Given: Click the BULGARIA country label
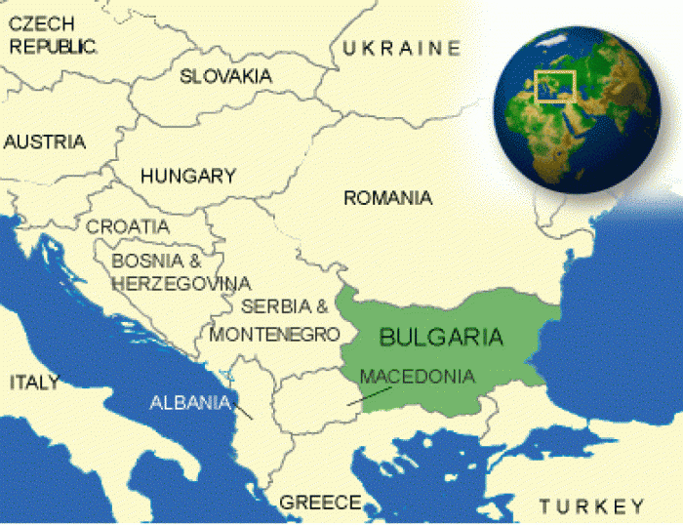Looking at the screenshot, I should click(x=441, y=338).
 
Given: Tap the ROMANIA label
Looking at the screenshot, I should click(x=387, y=198).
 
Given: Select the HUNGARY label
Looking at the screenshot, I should click(x=188, y=177).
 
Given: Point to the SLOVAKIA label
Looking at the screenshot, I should click(x=226, y=76).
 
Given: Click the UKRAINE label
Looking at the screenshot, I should click(x=400, y=48).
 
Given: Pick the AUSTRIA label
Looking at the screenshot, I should click(x=45, y=142).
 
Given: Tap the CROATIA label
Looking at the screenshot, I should click(x=128, y=226).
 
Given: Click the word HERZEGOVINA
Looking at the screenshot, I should click(x=181, y=283).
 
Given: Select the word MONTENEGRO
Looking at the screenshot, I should click(x=275, y=334).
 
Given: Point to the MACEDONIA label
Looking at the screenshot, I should click(x=418, y=376).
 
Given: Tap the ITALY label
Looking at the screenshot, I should click(x=35, y=382).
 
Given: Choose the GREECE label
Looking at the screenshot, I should click(x=320, y=503).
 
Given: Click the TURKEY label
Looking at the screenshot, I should click(x=592, y=505).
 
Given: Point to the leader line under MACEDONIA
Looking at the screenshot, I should click(x=372, y=395).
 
